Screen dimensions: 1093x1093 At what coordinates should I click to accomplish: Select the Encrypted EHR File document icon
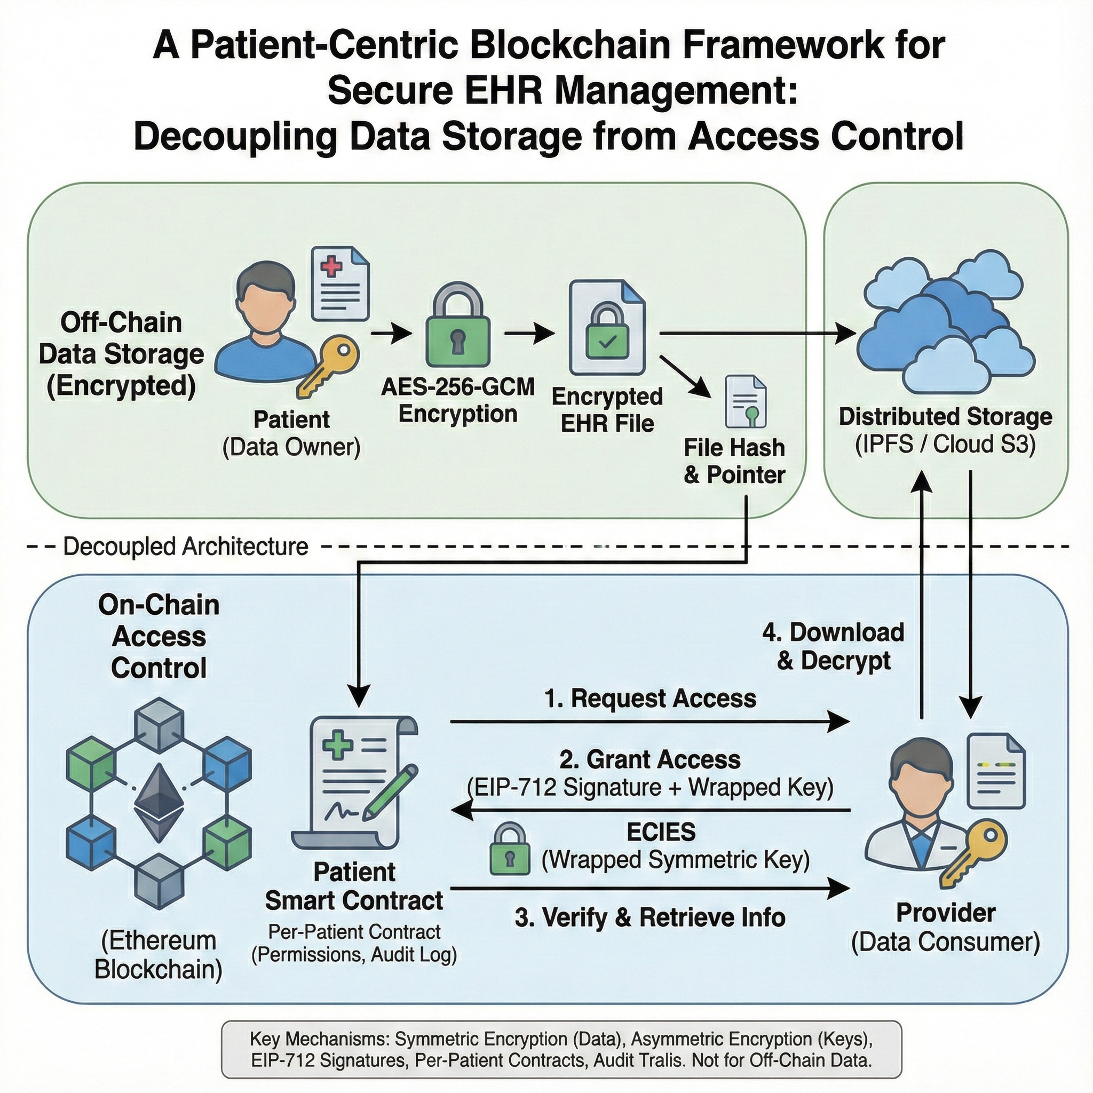click(607, 328)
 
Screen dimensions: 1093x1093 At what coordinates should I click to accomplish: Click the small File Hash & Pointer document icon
click(746, 403)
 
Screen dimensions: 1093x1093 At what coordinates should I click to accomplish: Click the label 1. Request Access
click(650, 699)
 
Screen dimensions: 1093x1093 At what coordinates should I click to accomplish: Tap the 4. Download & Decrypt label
click(833, 646)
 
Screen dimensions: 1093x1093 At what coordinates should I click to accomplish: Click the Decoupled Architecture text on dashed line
click(186, 546)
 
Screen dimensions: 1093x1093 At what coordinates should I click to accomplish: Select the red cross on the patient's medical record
click(331, 266)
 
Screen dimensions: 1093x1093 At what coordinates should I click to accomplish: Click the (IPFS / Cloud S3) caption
click(945, 445)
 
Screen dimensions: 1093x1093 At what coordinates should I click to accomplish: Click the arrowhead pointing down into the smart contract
click(358, 695)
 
